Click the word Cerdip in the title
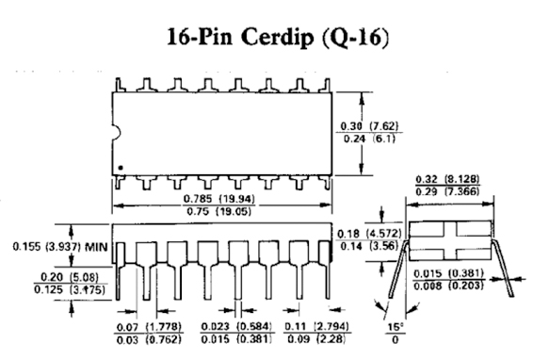[x=278, y=37]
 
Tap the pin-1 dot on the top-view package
[x=121, y=168]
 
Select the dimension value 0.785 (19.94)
[x=218, y=199]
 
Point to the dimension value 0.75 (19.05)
[x=218, y=211]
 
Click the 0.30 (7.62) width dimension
[x=369, y=126]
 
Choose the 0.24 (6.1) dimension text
[x=369, y=139]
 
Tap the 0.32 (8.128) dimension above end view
[x=447, y=179]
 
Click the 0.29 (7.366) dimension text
[x=447, y=191]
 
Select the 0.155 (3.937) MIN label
[x=60, y=246]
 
